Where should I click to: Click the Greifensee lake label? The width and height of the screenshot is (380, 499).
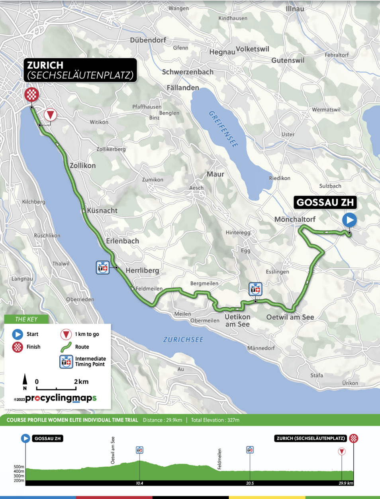pyautogui.click(x=223, y=129)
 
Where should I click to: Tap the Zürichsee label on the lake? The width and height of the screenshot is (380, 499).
pyautogui.click(x=183, y=340)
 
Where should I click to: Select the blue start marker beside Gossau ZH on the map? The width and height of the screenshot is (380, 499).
pyautogui.click(x=349, y=220)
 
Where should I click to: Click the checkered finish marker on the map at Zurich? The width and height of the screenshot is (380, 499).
pyautogui.click(x=31, y=95)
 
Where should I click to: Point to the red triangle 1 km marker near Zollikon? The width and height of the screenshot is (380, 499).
pyautogui.click(x=50, y=115)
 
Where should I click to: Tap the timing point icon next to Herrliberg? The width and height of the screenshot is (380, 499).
pyautogui.click(x=102, y=267)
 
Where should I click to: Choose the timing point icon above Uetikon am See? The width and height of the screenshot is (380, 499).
pyautogui.click(x=255, y=289)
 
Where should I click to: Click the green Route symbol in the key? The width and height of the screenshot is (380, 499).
pyautogui.click(x=66, y=347)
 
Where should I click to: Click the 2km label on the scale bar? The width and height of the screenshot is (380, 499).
pyautogui.click(x=81, y=381)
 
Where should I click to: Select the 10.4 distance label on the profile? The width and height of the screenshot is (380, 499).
pyautogui.click(x=139, y=483)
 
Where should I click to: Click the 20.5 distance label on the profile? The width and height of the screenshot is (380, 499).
pyautogui.click(x=250, y=483)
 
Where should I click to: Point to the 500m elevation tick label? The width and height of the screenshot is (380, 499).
pyautogui.click(x=19, y=467)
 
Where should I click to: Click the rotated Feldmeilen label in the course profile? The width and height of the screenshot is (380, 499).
pyautogui.click(x=219, y=459)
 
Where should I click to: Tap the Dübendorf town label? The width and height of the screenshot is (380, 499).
pyautogui.click(x=148, y=40)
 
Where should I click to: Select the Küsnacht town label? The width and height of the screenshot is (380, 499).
pyautogui.click(x=102, y=210)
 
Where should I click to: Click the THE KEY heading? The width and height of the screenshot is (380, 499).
pyautogui.click(x=26, y=319)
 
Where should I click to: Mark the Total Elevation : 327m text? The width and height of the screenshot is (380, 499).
pyautogui.click(x=215, y=420)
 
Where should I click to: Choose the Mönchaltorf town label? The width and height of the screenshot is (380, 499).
pyautogui.click(x=295, y=219)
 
